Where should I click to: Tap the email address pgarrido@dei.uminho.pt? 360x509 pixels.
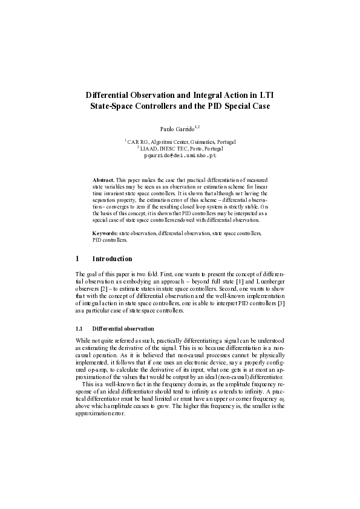(180, 155)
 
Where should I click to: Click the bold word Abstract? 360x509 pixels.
(103, 181)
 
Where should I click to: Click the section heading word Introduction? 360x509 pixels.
(113, 259)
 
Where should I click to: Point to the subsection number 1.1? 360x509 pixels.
(79, 328)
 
